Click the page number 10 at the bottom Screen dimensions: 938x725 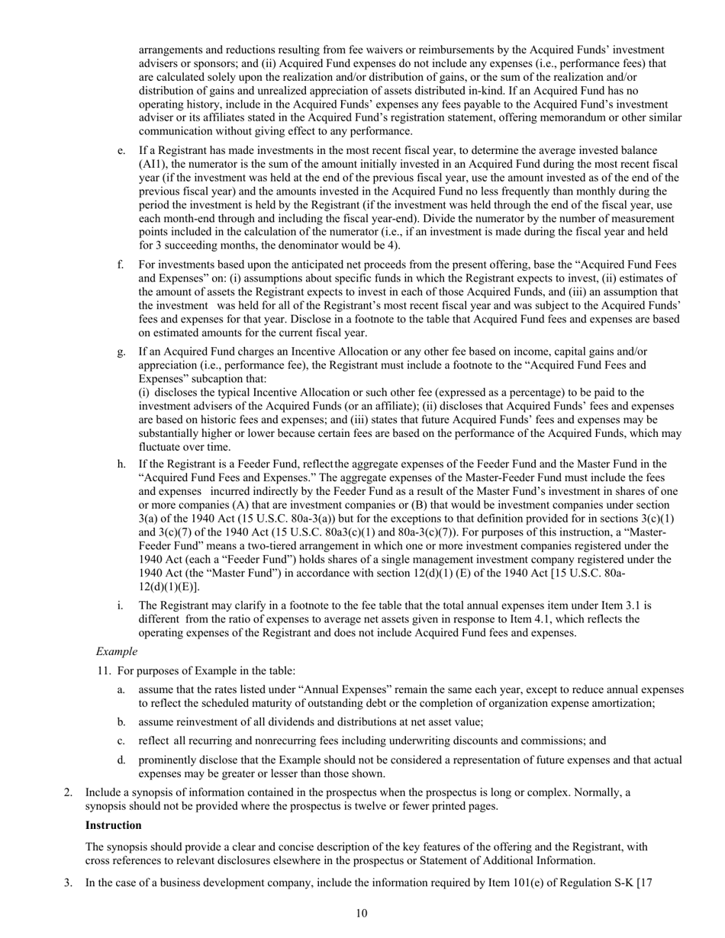[362, 914]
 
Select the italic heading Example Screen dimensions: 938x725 [116, 651]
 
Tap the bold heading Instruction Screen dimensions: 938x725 [113, 825]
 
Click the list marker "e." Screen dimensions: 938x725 [122, 151]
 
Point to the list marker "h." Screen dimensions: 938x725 [122, 464]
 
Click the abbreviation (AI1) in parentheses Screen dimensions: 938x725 [154, 164]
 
